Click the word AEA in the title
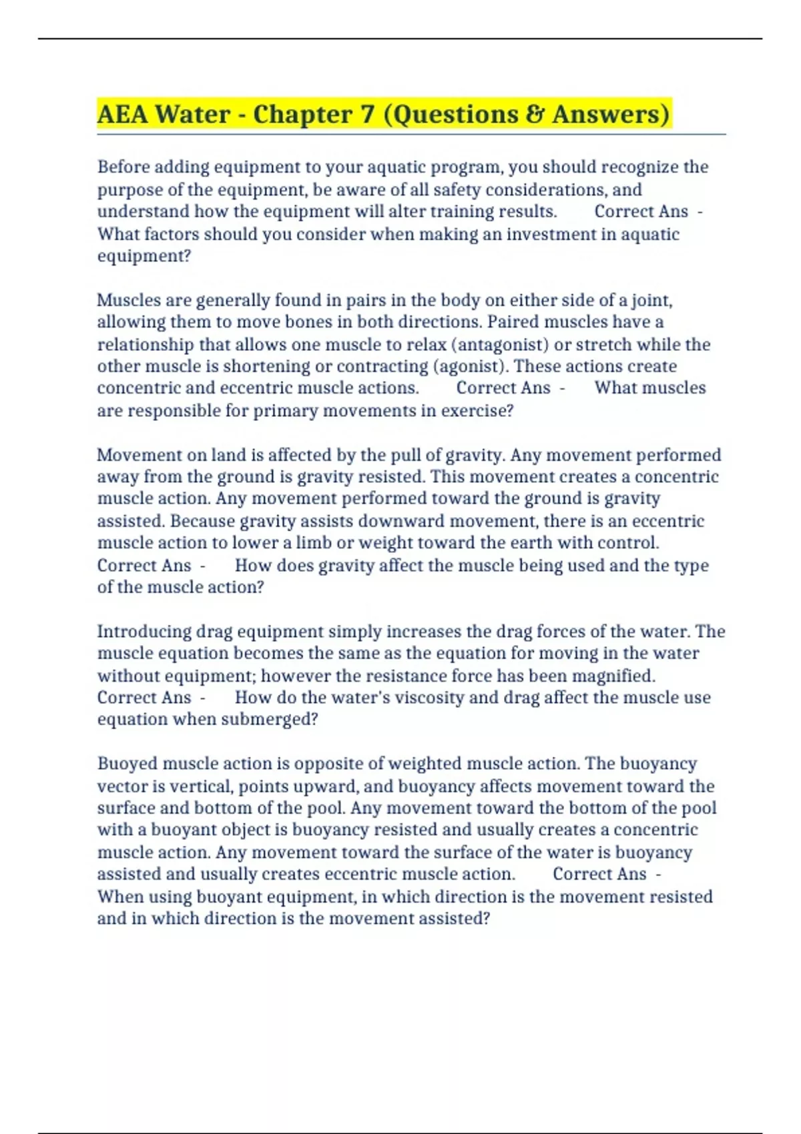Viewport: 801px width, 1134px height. point(122,114)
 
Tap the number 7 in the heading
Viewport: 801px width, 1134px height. point(366,114)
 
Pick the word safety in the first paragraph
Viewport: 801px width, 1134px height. point(457,189)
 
